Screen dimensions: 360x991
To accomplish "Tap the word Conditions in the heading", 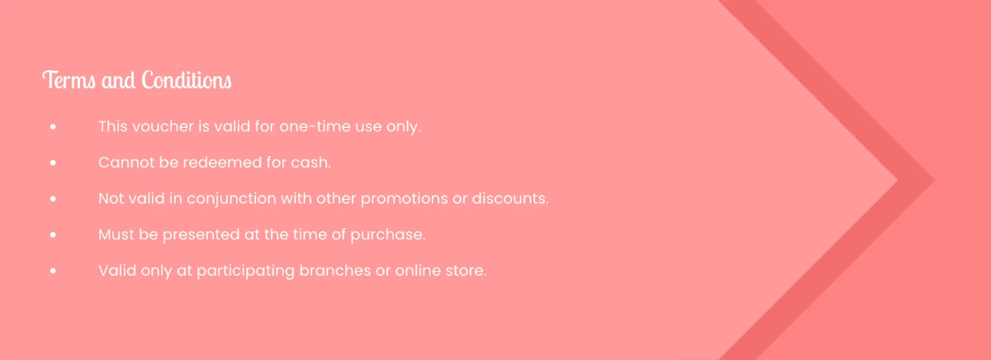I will click(187, 81).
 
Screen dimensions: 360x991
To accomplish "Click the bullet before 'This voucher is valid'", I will click(53, 128).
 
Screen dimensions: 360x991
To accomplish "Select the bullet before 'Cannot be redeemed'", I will click(53, 163).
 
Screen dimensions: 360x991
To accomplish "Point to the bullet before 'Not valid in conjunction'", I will click(53, 199).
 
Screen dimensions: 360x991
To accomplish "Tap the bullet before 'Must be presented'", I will click(53, 235).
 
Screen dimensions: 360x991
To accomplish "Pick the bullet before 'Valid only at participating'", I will click(53, 271).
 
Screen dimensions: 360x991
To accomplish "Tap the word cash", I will click(311, 163).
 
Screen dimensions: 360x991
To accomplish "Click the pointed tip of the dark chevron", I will click(933, 180).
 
